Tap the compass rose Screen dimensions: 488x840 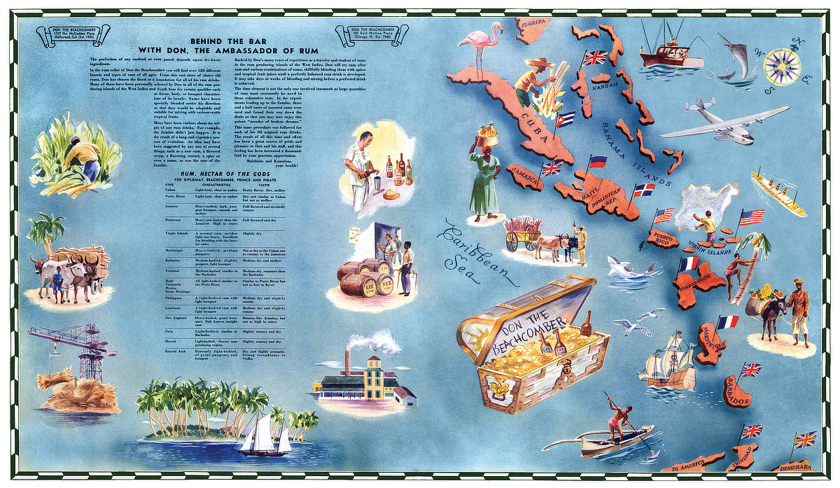[782, 67]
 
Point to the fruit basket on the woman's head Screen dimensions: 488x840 [488, 131]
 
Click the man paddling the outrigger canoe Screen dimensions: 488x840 [617, 419]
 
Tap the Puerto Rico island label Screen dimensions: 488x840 [664, 239]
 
